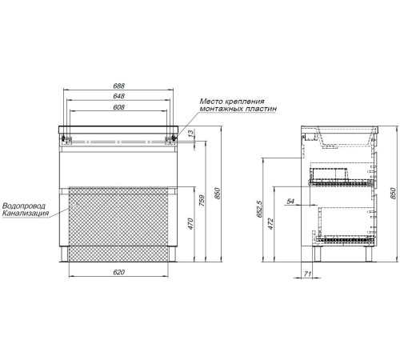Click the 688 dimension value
(x=118, y=86)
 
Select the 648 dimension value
(x=118, y=96)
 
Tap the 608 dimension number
(x=118, y=107)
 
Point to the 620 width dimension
(x=118, y=272)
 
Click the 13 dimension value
(x=191, y=134)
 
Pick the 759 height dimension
(x=202, y=201)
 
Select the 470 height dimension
(x=190, y=224)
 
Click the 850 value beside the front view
(x=218, y=194)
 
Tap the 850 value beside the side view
(x=393, y=194)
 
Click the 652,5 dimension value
(x=259, y=209)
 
